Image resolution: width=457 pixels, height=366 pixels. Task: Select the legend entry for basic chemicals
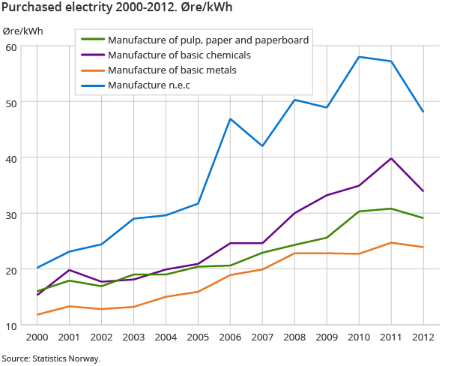178,55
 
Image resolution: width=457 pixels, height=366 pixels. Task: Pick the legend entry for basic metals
172,70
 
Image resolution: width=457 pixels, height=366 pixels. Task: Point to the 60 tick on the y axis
13,46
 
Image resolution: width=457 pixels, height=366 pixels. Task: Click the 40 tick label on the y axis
13,157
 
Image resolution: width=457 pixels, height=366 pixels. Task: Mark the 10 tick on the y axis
13,325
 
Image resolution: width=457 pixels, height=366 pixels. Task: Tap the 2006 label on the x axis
231,338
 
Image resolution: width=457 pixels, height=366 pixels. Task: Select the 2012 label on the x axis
424,338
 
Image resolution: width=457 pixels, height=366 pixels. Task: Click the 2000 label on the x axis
37,338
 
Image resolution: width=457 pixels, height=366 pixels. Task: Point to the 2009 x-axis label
327,338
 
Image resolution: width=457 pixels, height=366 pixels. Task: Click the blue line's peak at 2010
360,57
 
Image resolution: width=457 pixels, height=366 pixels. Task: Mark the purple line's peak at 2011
392,158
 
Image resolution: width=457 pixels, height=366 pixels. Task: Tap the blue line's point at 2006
231,119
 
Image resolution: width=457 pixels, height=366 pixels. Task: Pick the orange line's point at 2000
37,314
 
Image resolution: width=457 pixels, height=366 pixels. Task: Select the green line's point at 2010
360,211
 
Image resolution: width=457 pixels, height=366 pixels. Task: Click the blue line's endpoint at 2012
424,112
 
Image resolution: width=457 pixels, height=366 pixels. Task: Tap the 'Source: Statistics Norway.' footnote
50,358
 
